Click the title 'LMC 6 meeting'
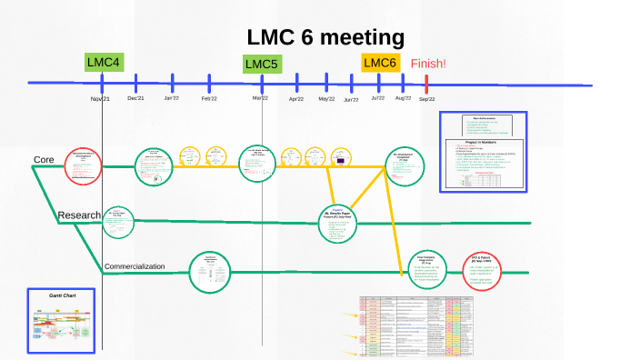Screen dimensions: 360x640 coord(325,37)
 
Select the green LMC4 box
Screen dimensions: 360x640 coord(104,63)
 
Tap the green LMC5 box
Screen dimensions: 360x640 coord(263,64)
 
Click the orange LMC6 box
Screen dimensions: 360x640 coord(380,63)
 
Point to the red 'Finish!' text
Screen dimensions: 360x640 coord(428,64)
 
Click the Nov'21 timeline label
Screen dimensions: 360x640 coord(100,98)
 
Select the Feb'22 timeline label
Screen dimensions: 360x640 coord(209,98)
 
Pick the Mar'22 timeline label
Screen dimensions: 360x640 coord(260,98)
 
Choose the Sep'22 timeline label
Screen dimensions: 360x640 coord(426,99)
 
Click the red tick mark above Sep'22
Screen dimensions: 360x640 coord(425,84)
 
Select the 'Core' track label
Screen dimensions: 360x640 coord(44,160)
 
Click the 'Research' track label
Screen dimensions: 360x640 coord(78,215)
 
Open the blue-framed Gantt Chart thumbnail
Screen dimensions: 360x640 coord(60,322)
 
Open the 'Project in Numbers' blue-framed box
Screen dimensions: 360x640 coord(483,152)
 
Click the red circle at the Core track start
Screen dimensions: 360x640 coord(83,166)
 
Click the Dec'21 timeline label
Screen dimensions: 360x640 coord(135,98)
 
